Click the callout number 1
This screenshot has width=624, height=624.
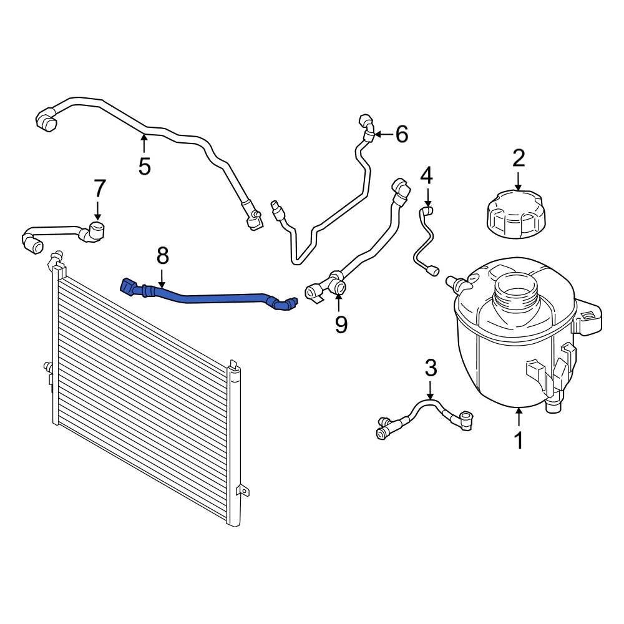519,440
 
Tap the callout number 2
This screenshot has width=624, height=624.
519,158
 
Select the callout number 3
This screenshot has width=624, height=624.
431,368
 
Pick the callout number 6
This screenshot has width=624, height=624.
401,134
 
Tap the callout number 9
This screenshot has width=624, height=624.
341,324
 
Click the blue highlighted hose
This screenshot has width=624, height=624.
206,295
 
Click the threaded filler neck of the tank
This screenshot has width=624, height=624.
514,290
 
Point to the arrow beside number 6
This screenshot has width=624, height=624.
383,134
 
